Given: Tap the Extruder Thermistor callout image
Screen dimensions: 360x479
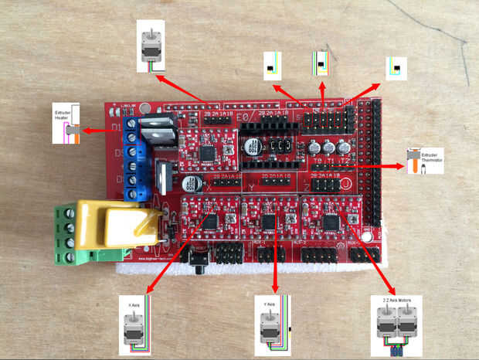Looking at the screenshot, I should point(417,162).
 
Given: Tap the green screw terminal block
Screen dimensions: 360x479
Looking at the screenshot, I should point(74,234).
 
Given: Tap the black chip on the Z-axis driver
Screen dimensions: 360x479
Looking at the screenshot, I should point(331,222).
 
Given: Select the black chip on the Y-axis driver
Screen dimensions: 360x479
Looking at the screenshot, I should point(269,222).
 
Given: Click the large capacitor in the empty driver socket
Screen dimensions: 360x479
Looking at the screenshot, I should point(253,146).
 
